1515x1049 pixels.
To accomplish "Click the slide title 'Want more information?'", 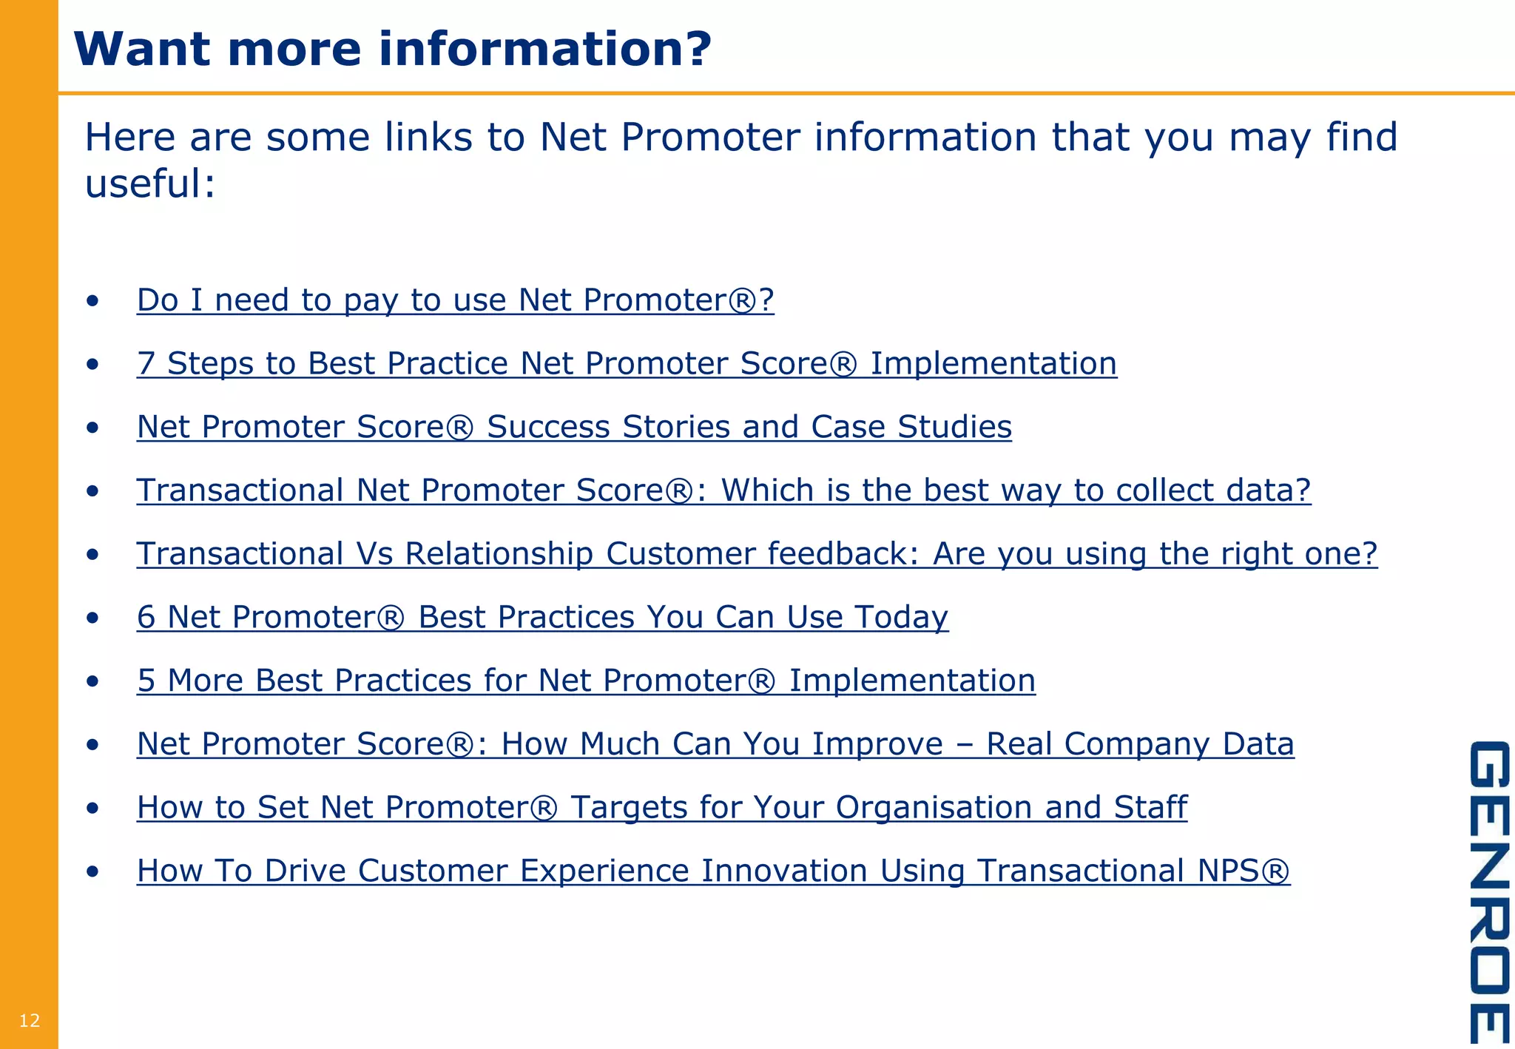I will (x=392, y=49).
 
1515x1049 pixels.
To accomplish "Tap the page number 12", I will (x=30, y=1021).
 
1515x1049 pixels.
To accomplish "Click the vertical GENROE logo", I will (x=1488, y=891).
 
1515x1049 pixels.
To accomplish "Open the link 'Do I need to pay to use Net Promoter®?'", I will (x=455, y=300).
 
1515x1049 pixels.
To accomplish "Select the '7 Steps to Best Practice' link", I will (x=626, y=364).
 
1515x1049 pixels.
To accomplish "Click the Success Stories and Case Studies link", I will (x=574, y=428).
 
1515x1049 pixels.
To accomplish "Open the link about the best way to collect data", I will (x=723, y=490).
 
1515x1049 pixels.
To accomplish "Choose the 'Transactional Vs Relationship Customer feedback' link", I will (x=756, y=554).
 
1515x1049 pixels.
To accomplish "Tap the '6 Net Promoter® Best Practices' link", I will (x=542, y=618).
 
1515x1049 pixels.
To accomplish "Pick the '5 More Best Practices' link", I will (x=586, y=681).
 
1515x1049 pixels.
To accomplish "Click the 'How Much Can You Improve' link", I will (x=715, y=744).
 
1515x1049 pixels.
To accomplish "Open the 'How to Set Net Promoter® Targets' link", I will (x=661, y=808).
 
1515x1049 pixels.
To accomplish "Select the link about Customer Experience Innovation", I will (x=713, y=871).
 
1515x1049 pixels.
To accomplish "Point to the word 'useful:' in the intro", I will (x=150, y=183).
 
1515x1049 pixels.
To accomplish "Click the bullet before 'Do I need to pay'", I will (x=92, y=301).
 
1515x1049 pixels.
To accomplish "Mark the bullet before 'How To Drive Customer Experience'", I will (x=92, y=871).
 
